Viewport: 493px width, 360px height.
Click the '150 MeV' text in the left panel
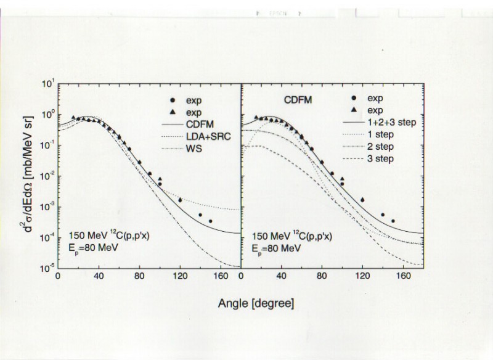tap(83, 237)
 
